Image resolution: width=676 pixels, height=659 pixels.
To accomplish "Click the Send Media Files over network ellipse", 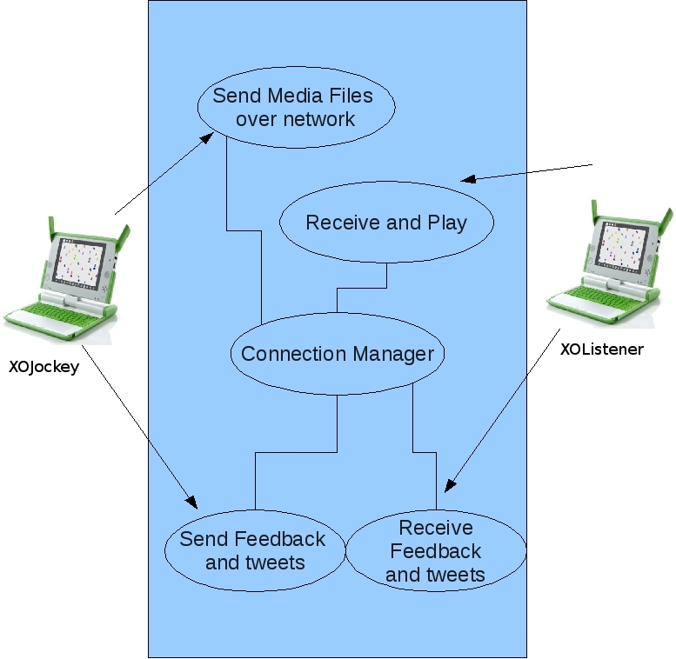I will [296, 106].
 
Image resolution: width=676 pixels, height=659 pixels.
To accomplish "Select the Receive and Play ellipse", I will [386, 223].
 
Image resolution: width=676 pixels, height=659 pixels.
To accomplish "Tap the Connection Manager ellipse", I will [338, 354].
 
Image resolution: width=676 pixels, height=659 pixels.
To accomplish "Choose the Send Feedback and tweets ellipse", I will [253, 550].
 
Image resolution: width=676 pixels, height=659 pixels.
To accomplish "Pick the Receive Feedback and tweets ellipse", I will [436, 551].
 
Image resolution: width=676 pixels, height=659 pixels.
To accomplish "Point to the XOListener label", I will [602, 349].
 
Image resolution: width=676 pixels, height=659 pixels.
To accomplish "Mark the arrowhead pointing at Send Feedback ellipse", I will [193, 503].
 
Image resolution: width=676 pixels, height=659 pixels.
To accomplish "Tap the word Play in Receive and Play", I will [447, 223].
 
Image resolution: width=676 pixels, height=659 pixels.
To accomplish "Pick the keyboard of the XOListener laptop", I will [600, 300].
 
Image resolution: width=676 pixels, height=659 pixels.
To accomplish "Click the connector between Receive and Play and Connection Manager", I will [361, 289].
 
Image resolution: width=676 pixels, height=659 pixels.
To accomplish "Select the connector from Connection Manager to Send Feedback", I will [296, 452].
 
